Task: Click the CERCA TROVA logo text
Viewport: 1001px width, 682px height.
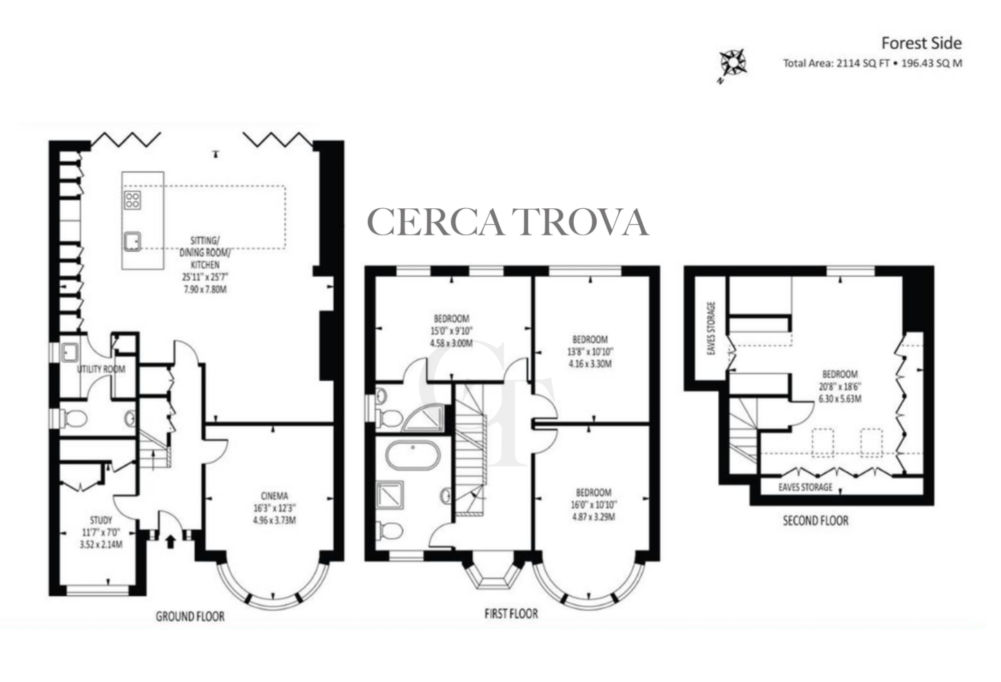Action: tap(508, 221)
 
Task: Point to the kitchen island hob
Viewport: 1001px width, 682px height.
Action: tap(132, 200)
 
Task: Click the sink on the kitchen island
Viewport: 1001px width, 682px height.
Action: tap(132, 241)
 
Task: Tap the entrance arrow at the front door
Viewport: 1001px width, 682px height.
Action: tap(170, 542)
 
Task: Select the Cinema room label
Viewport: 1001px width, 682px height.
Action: tap(274, 496)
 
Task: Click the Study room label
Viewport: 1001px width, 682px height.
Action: tap(101, 520)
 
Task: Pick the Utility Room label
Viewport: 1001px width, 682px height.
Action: tap(101, 369)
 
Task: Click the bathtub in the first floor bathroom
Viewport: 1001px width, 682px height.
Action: tap(413, 456)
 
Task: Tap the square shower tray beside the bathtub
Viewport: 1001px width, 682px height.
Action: tap(390, 495)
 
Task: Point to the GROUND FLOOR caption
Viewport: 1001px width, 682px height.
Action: tap(190, 616)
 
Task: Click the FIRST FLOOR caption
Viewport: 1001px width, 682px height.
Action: tap(512, 613)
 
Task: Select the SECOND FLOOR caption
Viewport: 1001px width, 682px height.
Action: tap(816, 520)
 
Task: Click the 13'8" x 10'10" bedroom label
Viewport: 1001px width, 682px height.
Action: tap(590, 351)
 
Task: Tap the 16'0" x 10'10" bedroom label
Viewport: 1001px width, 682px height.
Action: tap(593, 504)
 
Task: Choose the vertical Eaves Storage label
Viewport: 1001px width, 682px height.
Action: tap(711, 329)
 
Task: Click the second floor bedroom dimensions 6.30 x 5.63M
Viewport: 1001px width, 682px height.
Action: tap(840, 398)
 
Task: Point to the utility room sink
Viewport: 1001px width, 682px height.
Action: tap(70, 353)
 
